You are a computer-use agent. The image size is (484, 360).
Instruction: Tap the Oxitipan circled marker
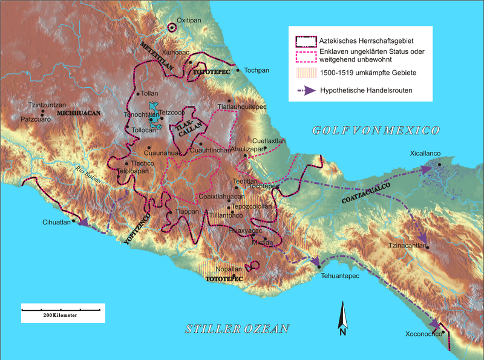pos(172,27)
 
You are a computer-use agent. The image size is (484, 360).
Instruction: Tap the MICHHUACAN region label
pos(78,113)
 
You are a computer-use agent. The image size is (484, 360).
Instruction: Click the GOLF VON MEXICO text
pos(375,130)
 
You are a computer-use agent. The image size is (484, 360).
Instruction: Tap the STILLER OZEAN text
pos(237,329)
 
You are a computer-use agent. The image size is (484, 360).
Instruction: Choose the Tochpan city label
pos(257,70)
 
